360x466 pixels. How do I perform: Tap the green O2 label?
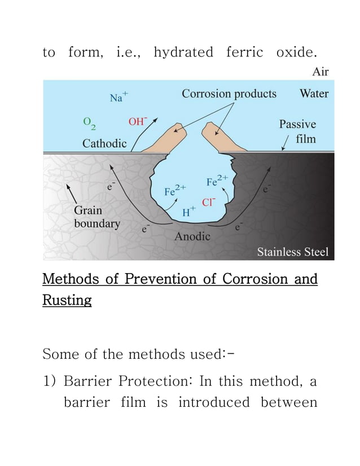[89, 122]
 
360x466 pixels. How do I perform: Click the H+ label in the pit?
[188, 213]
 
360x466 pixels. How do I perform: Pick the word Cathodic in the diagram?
[104, 143]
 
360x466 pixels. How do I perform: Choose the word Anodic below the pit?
[192, 236]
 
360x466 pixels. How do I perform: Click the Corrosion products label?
[229, 94]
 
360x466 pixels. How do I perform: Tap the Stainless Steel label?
[292, 252]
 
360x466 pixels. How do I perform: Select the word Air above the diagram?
[320, 72]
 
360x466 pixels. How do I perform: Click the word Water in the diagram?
[313, 94]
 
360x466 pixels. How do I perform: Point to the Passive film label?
[297, 131]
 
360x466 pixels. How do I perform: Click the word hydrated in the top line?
[183, 53]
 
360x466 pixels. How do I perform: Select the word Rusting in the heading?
[67, 301]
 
